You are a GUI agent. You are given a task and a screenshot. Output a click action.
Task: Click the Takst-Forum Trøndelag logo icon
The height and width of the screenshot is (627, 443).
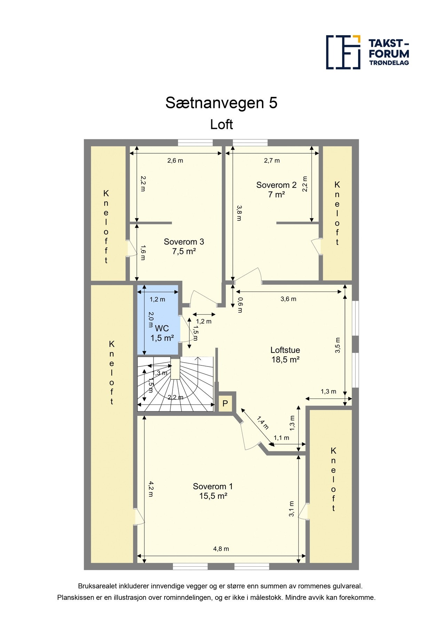pos(343,52)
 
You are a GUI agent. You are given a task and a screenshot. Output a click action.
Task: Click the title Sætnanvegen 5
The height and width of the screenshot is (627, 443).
pos(221,103)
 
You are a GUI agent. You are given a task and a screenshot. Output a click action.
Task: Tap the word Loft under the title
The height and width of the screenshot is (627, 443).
pos(221,124)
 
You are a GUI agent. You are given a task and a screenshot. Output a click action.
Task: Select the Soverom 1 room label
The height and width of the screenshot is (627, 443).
pos(213,486)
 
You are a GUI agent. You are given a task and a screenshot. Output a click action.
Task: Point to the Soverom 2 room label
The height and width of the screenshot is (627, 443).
pos(276,185)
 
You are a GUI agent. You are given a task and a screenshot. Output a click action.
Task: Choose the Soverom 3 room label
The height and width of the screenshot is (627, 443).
pos(184,242)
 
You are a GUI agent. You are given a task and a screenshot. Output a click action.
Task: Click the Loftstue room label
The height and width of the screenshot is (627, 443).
pos(285,350)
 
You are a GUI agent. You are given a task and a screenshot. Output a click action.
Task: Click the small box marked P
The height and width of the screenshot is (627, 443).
pos(225,404)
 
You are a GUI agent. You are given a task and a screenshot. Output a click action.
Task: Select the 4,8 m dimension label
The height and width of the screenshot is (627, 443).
pos(221,549)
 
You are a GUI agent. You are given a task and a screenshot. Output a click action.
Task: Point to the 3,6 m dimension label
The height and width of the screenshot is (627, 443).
pos(288,299)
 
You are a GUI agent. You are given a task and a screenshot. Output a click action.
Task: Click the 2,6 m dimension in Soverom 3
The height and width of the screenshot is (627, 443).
pos(175,161)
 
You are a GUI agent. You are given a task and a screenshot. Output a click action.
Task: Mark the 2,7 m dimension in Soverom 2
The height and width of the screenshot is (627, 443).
pos(272,161)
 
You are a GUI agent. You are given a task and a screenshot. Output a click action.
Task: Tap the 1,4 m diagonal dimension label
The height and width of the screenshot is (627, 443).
pos(263,423)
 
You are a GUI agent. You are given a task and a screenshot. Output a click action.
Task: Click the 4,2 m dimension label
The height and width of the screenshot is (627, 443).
pos(151,489)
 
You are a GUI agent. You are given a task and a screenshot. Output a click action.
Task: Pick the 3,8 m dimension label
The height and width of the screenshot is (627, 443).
pos(239,213)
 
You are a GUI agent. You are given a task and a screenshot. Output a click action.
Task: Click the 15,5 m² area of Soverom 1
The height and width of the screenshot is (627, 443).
pos(213,496)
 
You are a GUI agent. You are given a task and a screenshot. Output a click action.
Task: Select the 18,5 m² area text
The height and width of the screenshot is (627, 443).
pos(285,359)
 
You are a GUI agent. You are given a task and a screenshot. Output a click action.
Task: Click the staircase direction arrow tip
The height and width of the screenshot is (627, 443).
pos(198,358)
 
